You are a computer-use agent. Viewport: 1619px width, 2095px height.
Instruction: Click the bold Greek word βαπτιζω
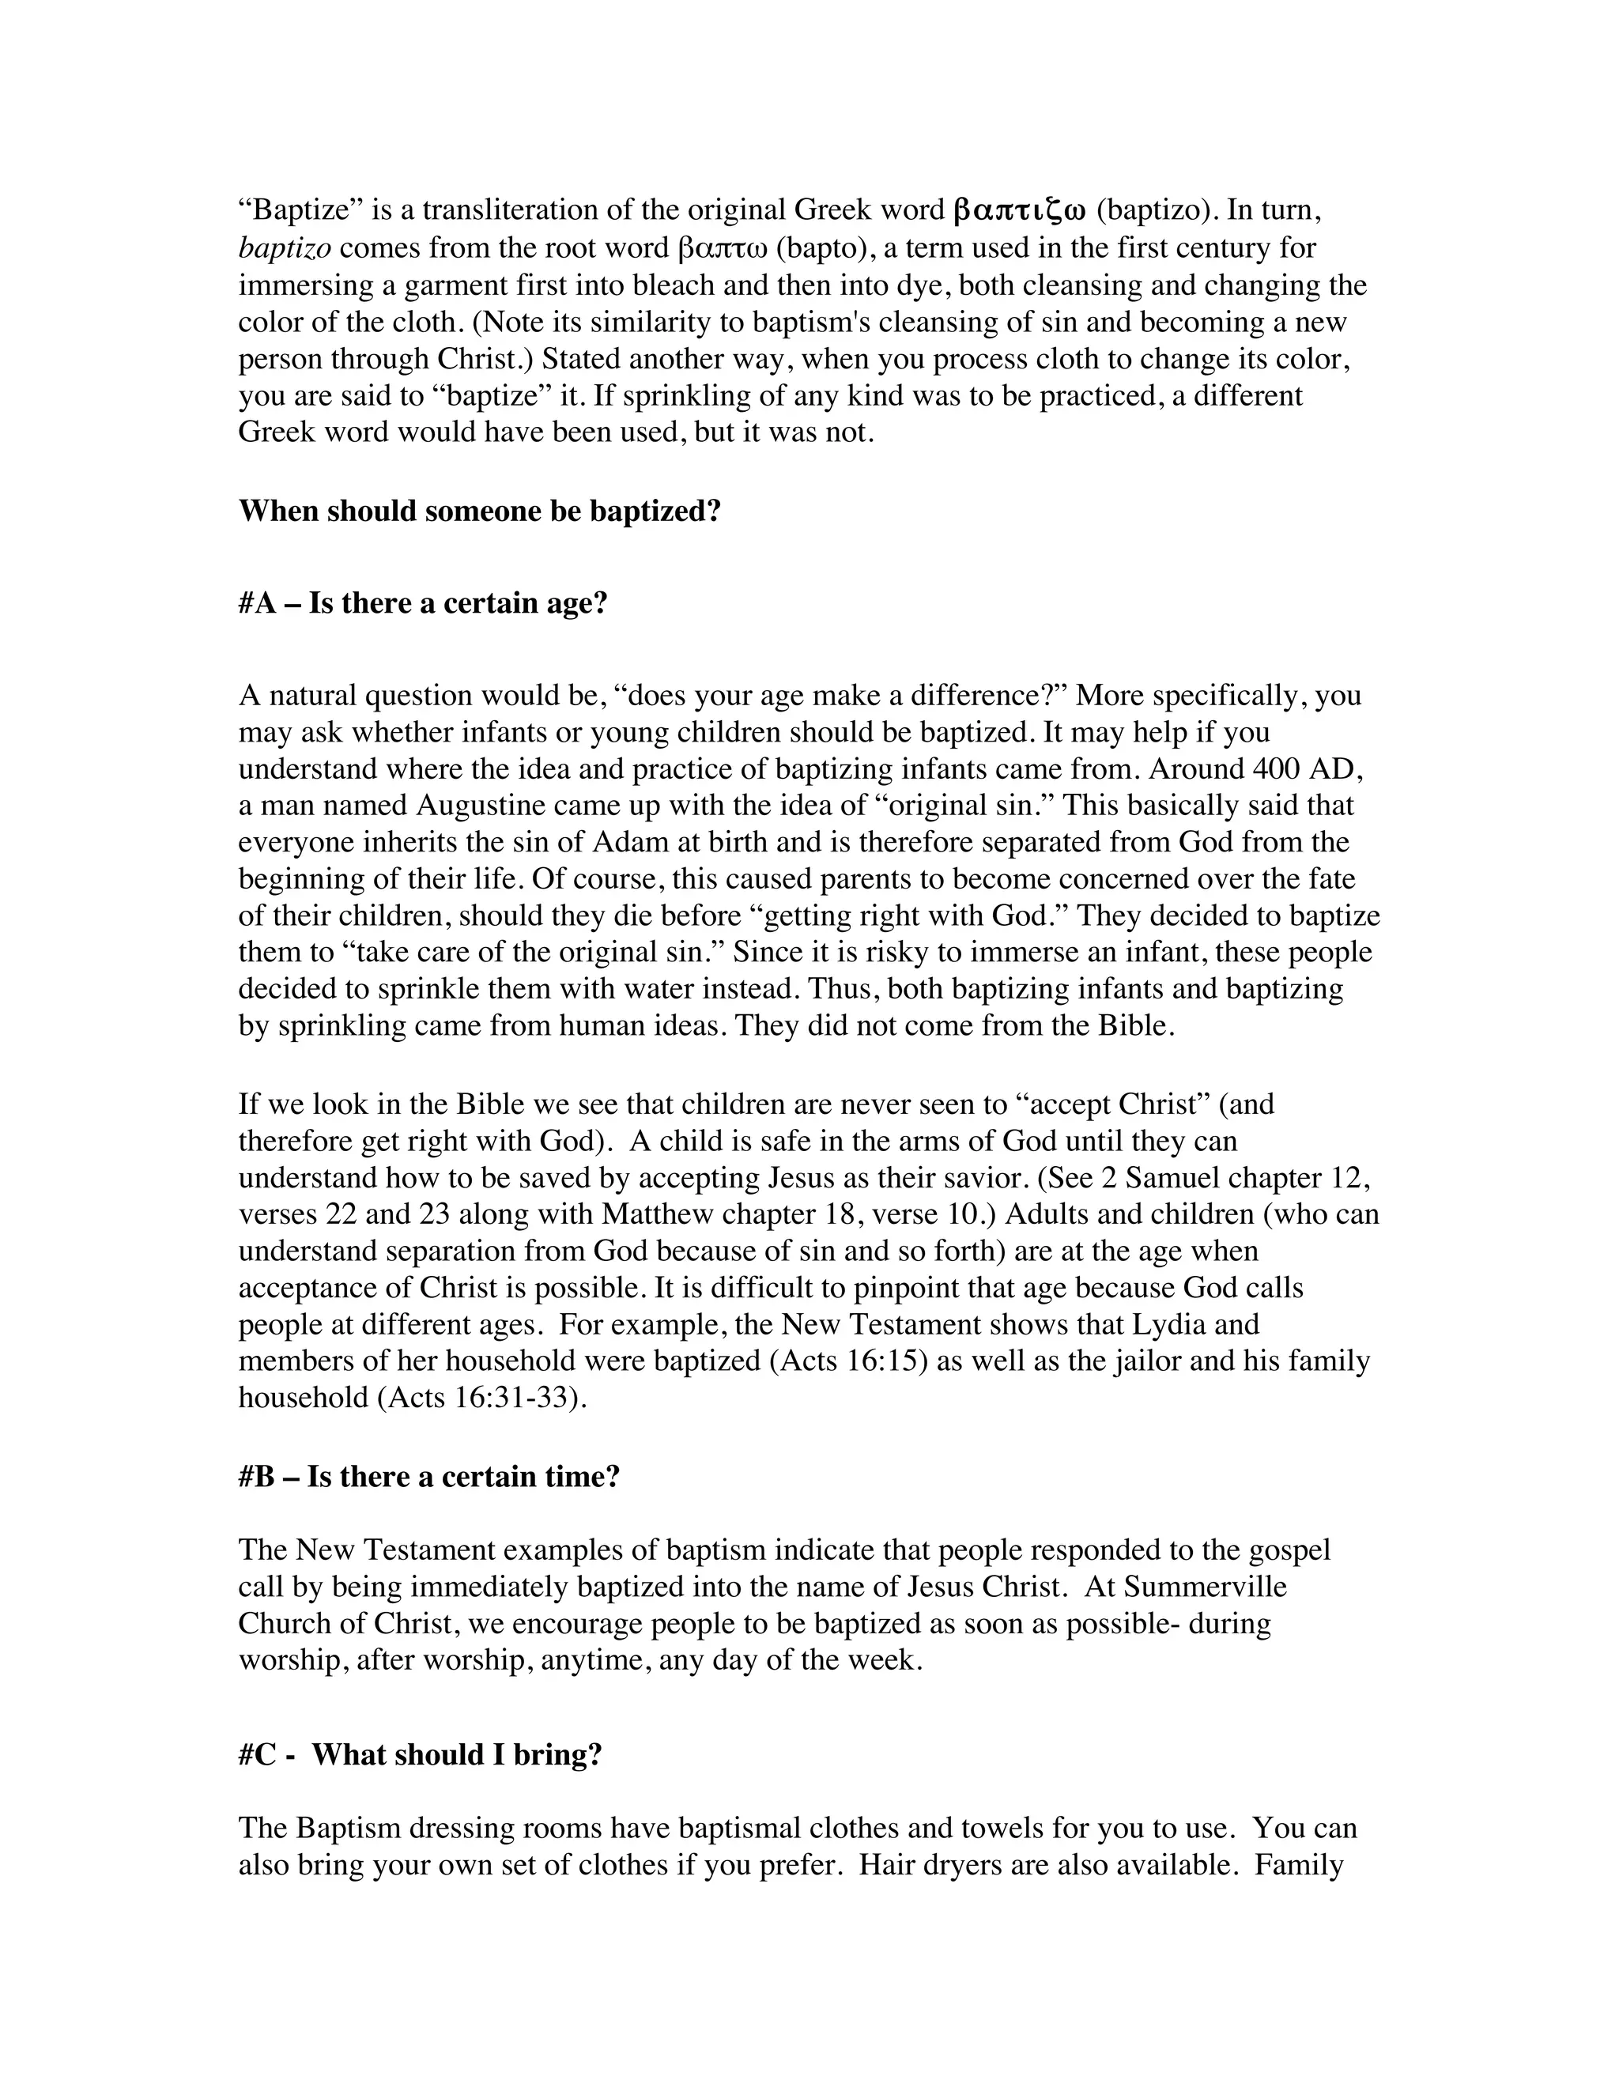(1018, 210)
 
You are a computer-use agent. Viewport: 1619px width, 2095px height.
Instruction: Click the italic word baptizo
(285, 248)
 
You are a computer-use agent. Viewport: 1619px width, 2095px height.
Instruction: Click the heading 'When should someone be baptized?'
(480, 511)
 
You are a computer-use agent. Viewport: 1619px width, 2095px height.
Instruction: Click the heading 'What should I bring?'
(457, 1754)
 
